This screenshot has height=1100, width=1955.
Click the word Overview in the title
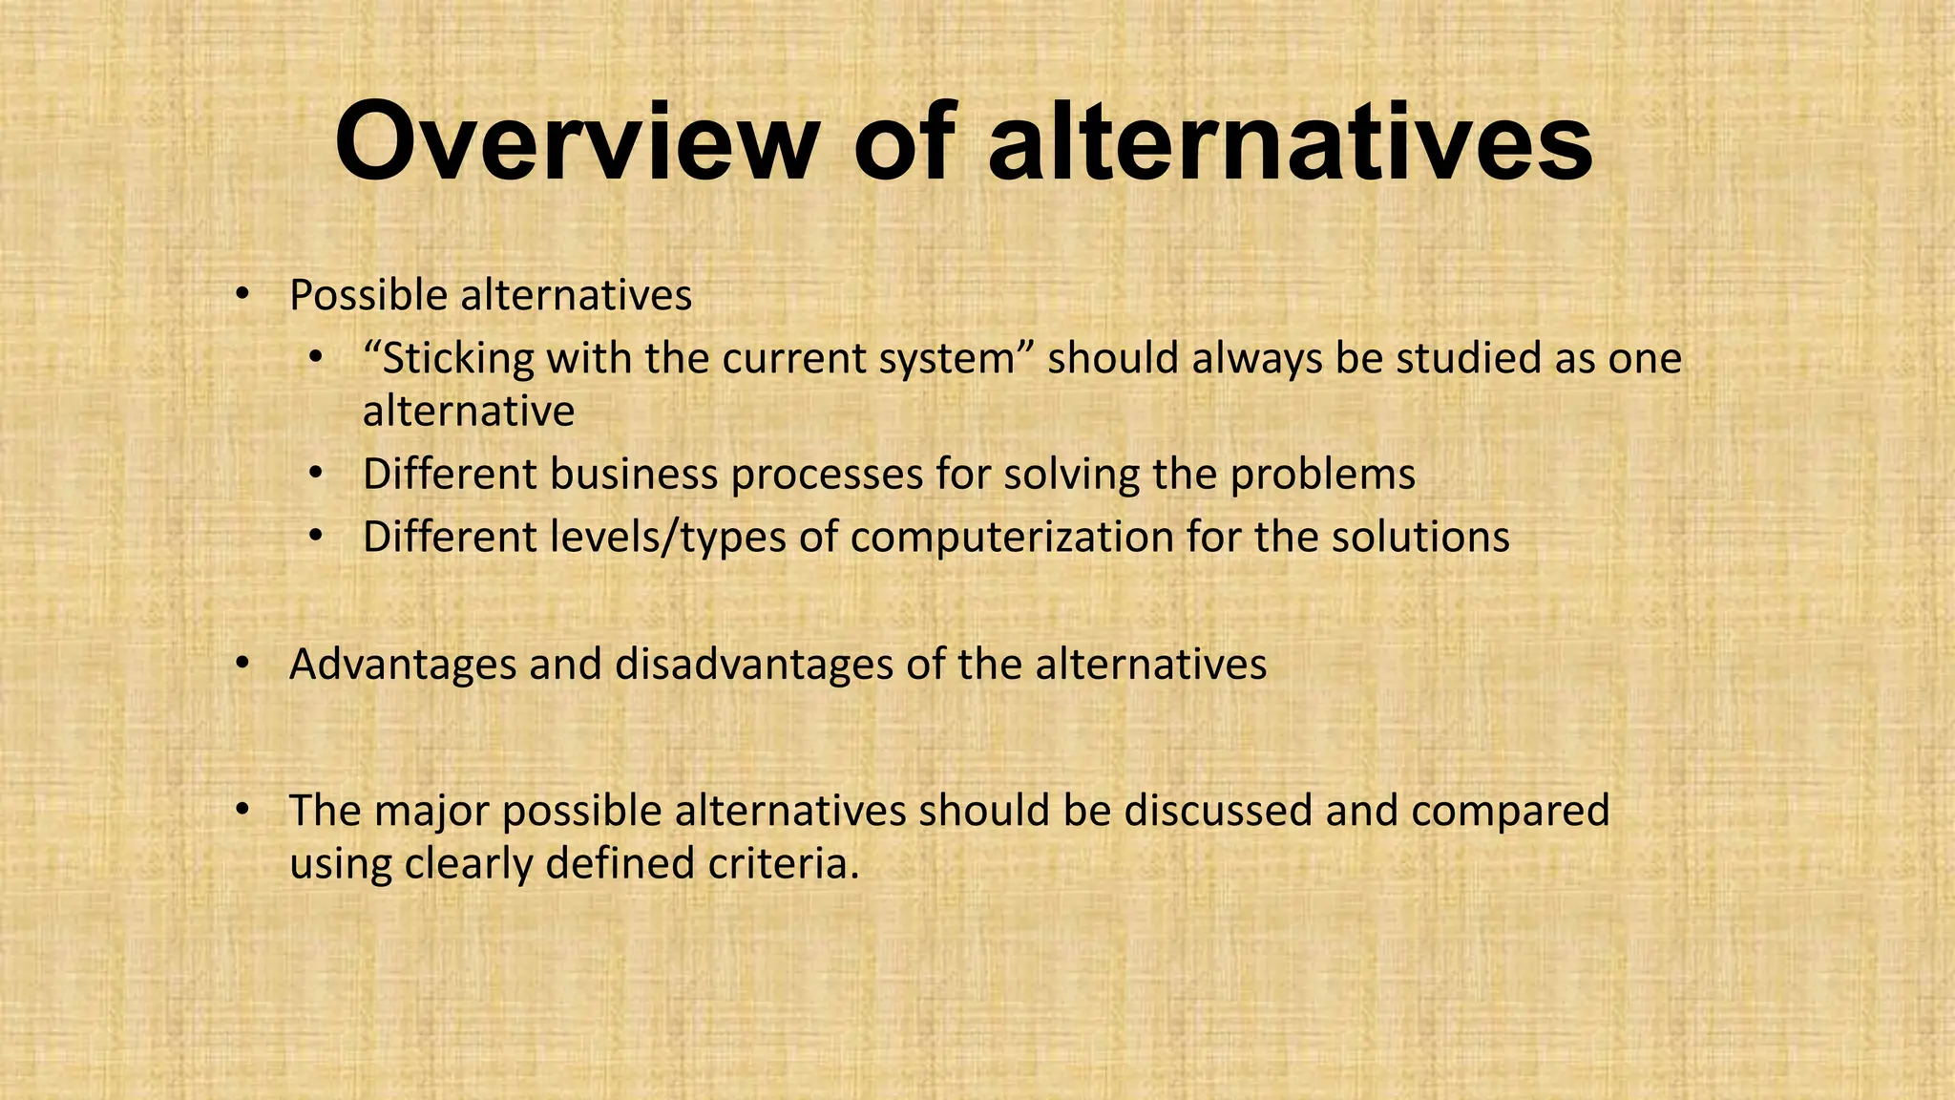(x=577, y=143)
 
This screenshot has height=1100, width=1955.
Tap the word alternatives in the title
(x=1290, y=143)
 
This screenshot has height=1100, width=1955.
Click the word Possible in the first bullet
(x=368, y=296)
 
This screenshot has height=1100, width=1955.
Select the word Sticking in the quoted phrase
(x=449, y=359)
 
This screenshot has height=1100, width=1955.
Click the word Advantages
(x=403, y=665)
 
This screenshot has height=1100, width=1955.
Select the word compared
(x=1510, y=811)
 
